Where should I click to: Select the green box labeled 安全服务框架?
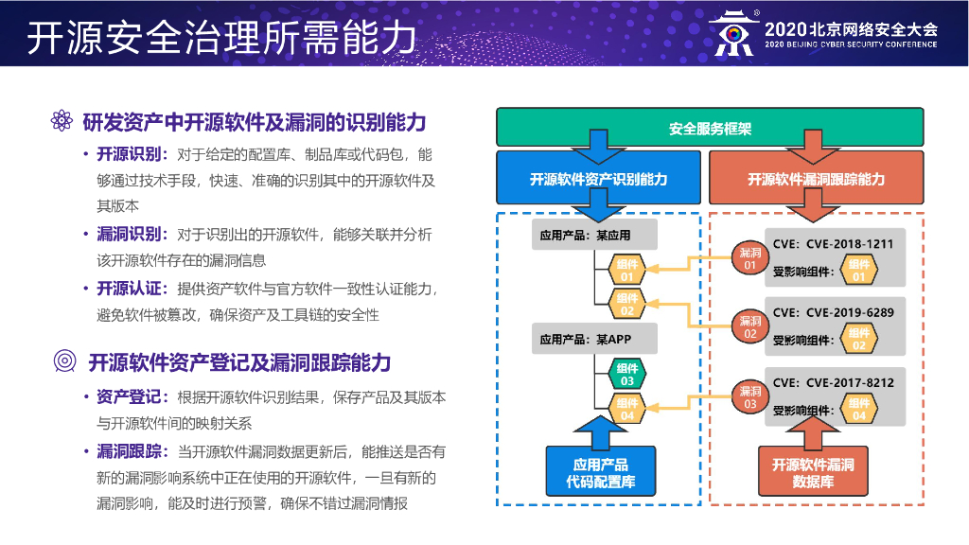710,128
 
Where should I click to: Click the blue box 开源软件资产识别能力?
599,179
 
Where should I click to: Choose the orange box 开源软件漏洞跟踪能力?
816,179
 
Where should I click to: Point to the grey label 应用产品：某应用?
585,236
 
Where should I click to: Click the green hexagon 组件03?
627,375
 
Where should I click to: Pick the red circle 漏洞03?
750,397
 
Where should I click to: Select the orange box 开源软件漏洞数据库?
813,472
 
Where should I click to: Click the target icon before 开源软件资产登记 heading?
64,362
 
